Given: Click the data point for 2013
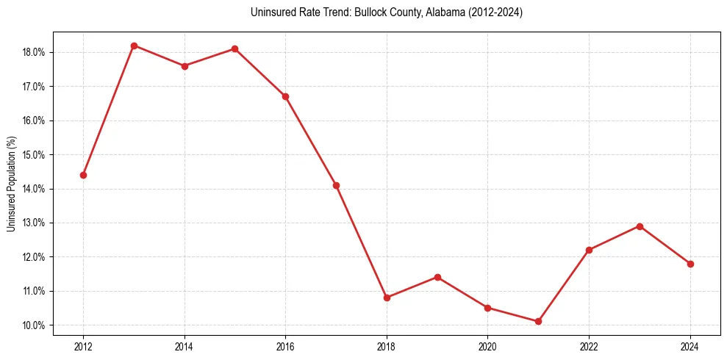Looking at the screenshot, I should pos(134,46).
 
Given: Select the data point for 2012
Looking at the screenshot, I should pos(83,175).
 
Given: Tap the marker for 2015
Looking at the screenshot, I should pos(234,48).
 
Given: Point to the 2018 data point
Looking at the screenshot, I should pos(387,298).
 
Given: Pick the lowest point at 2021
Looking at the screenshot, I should pos(538,321).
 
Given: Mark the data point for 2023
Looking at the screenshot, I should pos(640,226).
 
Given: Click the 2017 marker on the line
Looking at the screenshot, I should pos(336,185).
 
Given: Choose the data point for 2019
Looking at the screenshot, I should pos(437,277).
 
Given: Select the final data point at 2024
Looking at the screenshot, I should pos(690,264).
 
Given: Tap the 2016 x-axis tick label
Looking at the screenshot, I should pos(285,346).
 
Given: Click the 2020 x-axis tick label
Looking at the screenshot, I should pos(488,346).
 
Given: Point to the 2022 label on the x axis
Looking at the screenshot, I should pos(589,346).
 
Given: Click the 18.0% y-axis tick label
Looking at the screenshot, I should pos(35,52).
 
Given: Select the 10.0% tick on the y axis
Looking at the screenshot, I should pos(35,325).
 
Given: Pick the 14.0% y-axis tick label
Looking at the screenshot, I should pos(35,189).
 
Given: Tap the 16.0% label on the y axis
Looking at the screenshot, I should pos(35,120).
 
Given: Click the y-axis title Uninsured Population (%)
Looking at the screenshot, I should pos(11,184).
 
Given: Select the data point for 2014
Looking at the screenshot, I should pos(185,66).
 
